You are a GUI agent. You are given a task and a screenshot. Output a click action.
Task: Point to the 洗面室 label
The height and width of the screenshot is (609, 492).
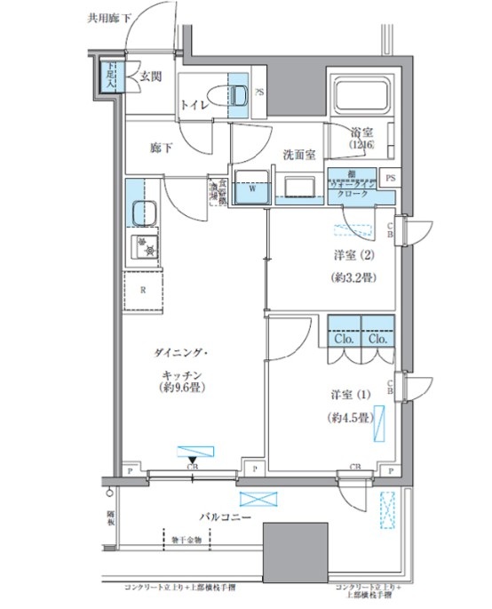click(299, 155)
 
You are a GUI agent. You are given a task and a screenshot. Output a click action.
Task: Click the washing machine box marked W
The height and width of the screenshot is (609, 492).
click(252, 188)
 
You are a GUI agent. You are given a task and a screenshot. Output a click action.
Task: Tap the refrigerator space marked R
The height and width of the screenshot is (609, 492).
click(142, 291)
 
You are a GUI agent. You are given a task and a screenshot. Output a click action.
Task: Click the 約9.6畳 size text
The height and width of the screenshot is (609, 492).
click(184, 389)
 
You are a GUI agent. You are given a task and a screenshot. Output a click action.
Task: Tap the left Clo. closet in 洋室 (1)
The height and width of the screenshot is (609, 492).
click(344, 339)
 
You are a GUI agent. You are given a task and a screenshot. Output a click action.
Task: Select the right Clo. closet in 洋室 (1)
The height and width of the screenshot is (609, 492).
click(377, 339)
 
